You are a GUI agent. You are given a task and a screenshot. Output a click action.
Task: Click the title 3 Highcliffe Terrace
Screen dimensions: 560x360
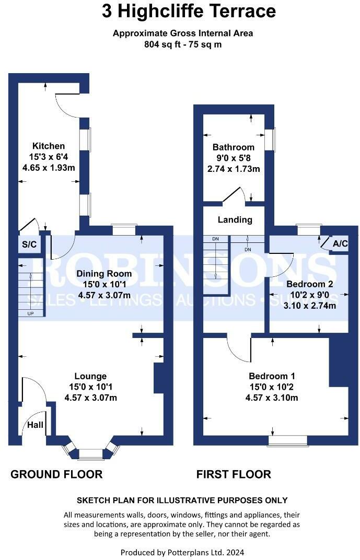click(189, 11)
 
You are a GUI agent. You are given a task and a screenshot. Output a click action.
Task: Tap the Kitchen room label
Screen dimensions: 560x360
click(49, 146)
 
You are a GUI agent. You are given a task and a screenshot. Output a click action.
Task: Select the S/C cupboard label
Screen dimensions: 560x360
click(28, 244)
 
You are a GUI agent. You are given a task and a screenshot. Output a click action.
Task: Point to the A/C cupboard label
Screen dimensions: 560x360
click(340, 243)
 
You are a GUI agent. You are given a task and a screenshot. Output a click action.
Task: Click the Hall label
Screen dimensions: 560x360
click(36, 425)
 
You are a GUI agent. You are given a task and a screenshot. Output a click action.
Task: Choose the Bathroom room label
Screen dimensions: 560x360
click(233, 147)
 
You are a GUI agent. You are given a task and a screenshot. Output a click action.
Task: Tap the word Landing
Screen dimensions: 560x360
click(235, 220)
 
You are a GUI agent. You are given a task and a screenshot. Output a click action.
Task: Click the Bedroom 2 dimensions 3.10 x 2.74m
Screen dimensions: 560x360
click(309, 306)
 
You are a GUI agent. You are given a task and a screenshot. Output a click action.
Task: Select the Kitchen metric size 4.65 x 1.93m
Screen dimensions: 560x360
click(49, 168)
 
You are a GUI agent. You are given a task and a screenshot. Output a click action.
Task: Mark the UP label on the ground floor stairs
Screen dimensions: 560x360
click(30, 313)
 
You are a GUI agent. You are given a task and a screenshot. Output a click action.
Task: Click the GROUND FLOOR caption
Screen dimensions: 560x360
click(56, 474)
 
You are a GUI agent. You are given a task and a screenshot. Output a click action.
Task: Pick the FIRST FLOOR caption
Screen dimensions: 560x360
click(234, 474)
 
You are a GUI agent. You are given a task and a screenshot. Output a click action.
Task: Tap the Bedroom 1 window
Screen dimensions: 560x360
click(287, 441)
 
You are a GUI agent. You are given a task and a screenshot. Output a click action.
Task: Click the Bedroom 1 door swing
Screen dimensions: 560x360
click(240, 348)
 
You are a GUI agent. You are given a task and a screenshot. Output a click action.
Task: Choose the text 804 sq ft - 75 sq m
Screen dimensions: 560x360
click(183, 44)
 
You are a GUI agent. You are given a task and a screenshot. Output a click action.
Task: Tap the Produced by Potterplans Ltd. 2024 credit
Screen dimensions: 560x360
click(182, 552)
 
